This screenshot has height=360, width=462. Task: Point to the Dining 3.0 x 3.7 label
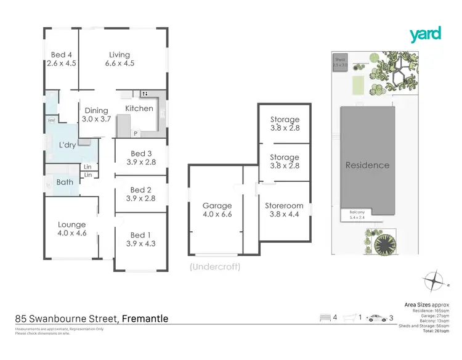point(96,115)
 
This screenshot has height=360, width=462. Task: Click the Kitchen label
point(139,108)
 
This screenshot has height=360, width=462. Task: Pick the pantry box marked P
point(135,133)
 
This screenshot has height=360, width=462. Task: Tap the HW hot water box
point(51,120)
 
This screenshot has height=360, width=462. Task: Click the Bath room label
point(65,182)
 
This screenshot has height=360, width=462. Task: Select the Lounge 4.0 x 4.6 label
point(71,229)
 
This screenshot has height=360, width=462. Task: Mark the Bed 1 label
point(140,239)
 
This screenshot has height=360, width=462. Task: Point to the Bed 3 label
point(141,158)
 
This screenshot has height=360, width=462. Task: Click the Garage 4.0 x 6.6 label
point(217,210)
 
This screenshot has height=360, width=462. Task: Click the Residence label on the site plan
point(367,165)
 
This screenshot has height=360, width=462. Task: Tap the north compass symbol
point(435,280)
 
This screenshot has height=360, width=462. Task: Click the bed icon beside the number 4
point(325,318)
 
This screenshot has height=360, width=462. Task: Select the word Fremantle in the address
point(145,319)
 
